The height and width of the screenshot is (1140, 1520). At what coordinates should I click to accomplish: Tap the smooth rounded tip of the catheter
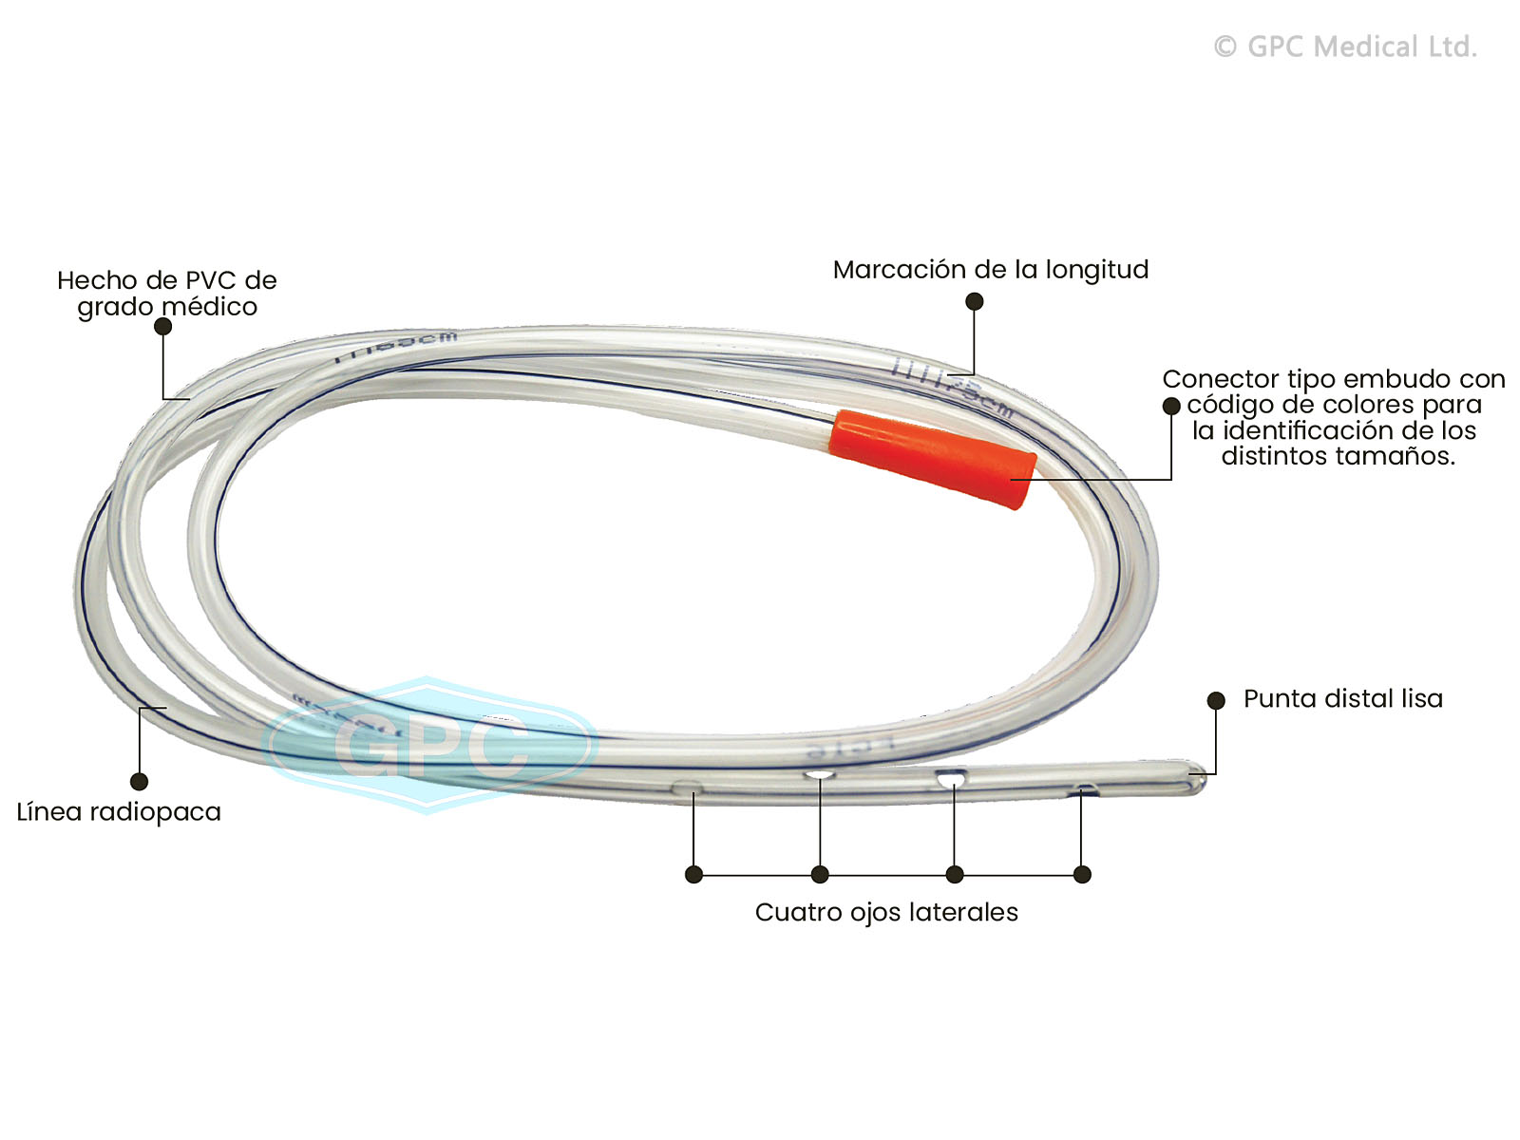1196,782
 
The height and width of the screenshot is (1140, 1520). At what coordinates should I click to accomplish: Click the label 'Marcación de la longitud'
990,270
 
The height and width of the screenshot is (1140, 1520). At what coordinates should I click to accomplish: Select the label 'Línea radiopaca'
119,812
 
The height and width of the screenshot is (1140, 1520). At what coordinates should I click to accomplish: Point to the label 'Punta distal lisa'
1342,699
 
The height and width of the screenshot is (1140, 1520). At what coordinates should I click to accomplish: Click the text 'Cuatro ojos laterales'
885,913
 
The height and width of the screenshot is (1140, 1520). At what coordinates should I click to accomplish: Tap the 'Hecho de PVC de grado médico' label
166,294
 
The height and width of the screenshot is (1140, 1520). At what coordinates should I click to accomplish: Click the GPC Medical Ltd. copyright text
1345,47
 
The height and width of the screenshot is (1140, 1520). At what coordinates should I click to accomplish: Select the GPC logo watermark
429,745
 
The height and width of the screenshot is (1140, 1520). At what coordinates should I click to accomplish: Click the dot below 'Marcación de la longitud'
974,301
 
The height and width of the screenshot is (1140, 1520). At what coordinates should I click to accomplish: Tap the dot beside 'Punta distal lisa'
1215,700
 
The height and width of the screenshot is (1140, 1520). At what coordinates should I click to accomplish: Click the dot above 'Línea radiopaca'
139,782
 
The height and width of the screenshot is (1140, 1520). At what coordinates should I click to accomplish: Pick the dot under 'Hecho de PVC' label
162,326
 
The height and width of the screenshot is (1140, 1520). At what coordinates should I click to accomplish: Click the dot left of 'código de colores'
1171,407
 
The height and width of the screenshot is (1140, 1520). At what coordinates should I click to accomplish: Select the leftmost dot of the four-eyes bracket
693,874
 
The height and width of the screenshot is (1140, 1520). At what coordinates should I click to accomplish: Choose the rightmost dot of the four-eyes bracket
1082,874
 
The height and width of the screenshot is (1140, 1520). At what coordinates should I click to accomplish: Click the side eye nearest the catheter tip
1081,790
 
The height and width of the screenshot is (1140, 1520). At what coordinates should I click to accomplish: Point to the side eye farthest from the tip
688,788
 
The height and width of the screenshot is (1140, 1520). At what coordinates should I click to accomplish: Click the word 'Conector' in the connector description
1220,379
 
